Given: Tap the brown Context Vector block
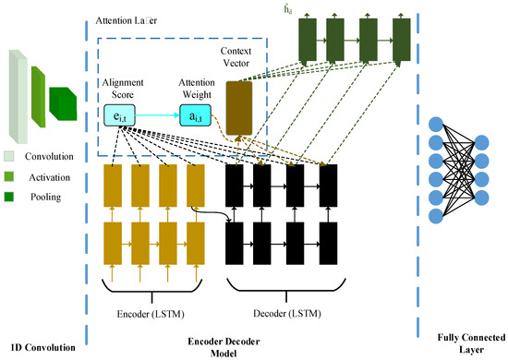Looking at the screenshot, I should pyautogui.click(x=239, y=103).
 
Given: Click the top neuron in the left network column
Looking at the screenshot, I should pyautogui.click(x=435, y=124).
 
